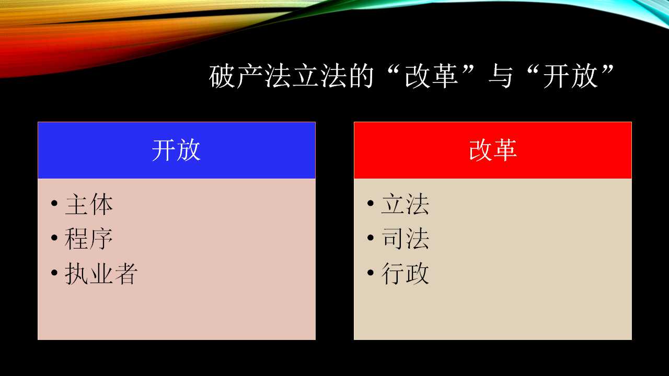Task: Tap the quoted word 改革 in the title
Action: pos(431,76)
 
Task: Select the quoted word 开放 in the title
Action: pos(570,76)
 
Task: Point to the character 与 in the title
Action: pos(501,76)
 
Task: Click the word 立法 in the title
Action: pos(319,76)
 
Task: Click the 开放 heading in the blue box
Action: pos(176,150)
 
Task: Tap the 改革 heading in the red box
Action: pos(493,150)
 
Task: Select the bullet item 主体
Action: pos(89,204)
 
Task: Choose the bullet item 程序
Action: pos(89,239)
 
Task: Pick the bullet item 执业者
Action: pos(101,274)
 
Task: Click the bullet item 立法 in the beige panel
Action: pos(405,204)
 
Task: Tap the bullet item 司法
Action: pos(405,239)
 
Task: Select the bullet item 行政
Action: pos(405,274)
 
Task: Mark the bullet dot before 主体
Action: pos(54,204)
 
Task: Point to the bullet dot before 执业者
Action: pos(54,273)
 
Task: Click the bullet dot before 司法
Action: pos(371,238)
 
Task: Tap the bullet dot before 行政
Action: pos(371,273)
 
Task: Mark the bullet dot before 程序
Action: pos(54,238)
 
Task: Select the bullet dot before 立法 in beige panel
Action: pos(371,204)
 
